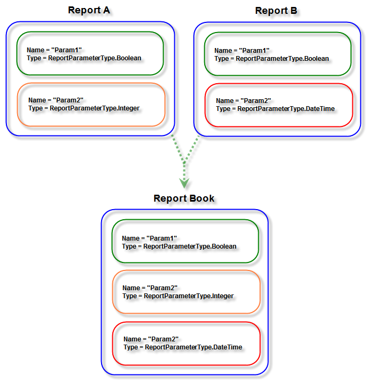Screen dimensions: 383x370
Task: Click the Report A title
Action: (x=90, y=11)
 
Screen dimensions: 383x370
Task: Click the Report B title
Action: (x=277, y=11)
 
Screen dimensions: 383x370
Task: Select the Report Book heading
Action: (x=184, y=198)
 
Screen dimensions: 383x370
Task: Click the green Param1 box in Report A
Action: (x=90, y=54)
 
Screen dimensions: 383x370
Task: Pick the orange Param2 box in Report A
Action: (x=90, y=105)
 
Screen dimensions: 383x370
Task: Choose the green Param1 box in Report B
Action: (x=277, y=54)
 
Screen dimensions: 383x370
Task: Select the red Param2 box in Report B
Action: (x=279, y=105)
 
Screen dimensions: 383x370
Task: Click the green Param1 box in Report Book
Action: (x=185, y=242)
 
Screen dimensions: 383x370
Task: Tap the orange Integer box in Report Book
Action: (x=186, y=292)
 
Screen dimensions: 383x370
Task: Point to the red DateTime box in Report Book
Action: (x=186, y=343)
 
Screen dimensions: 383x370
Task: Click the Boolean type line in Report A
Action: (x=84, y=58)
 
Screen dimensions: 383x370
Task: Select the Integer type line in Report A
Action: (x=84, y=108)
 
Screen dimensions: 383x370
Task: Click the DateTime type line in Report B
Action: (x=275, y=109)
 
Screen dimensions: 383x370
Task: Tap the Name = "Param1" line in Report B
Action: (x=242, y=51)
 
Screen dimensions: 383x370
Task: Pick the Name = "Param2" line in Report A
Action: (x=56, y=100)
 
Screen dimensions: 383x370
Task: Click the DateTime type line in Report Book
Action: (x=183, y=347)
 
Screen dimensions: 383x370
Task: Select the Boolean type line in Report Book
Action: (x=179, y=246)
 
